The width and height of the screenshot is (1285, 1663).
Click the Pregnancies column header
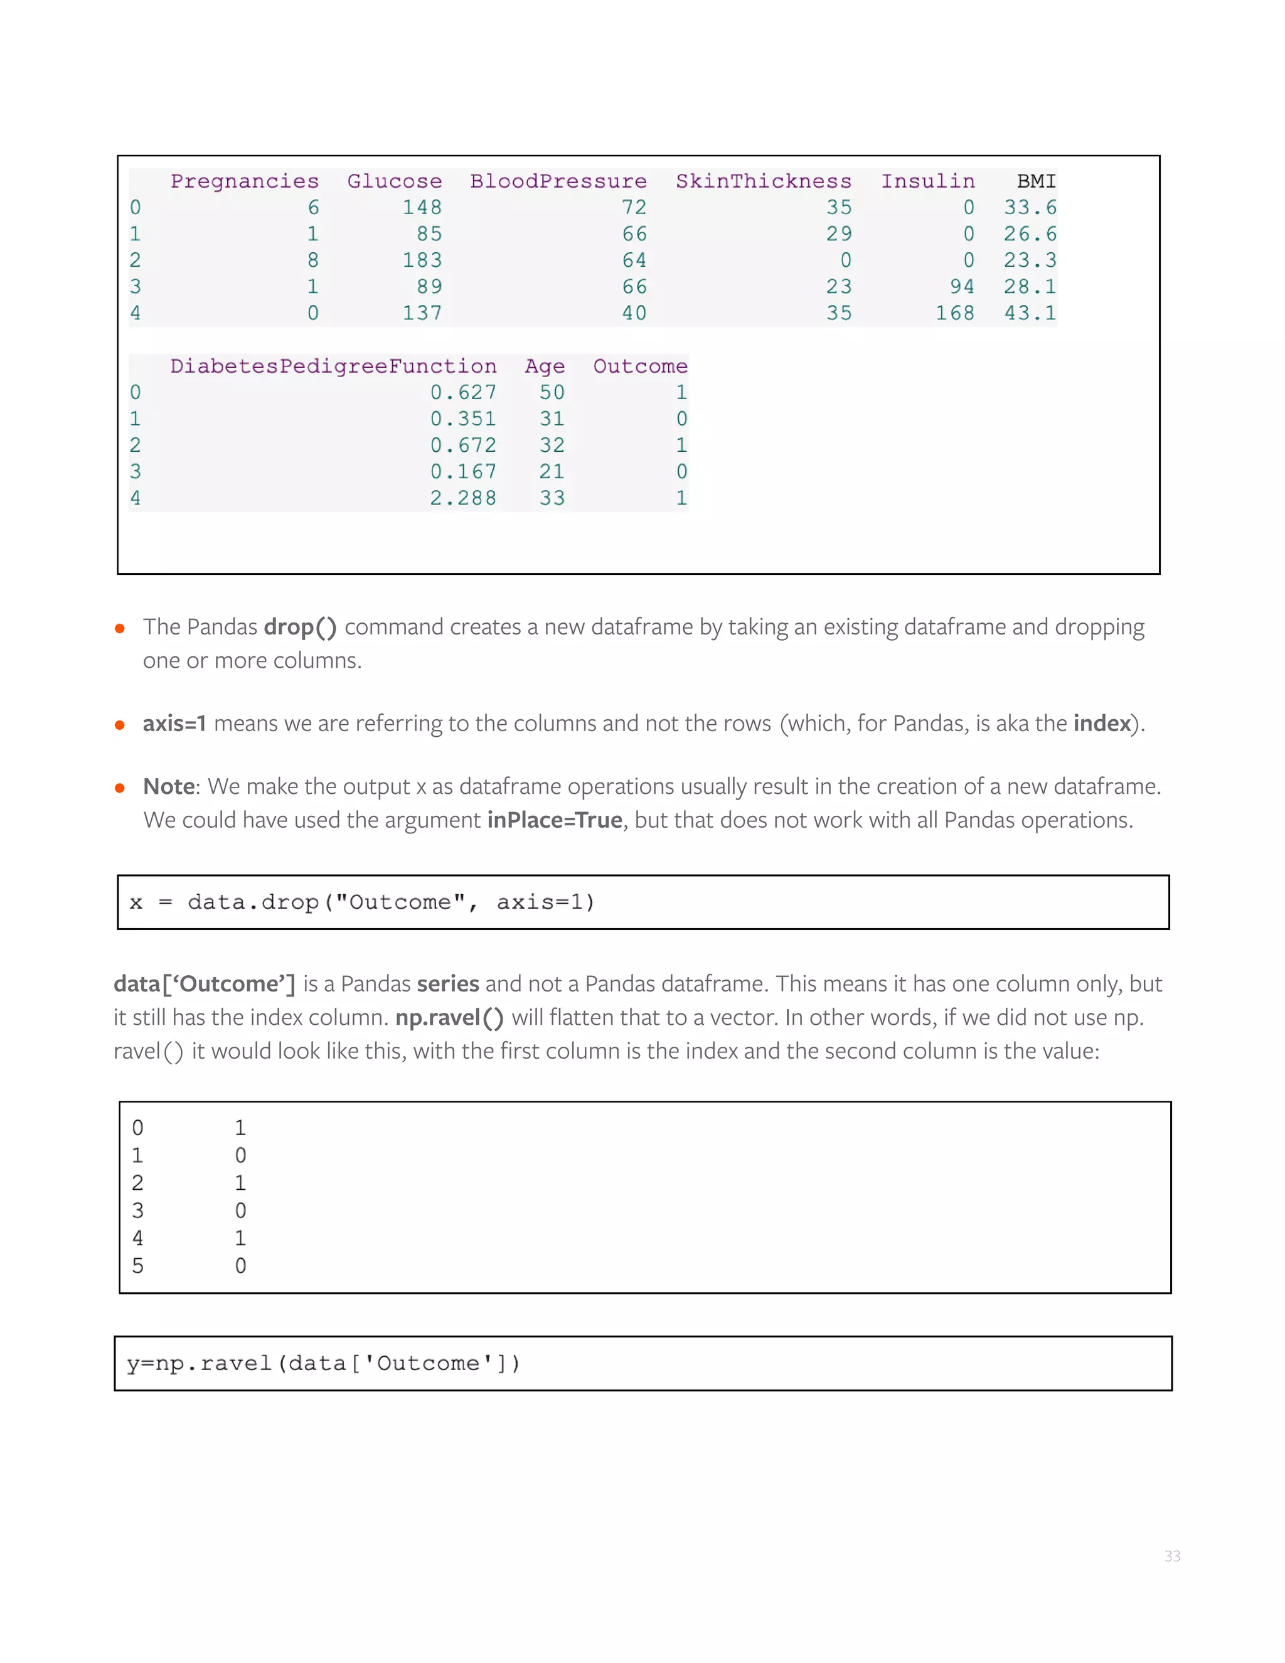tap(244, 181)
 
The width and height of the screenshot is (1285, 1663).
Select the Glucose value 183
tap(422, 260)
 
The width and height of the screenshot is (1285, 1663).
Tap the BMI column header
tap(1036, 181)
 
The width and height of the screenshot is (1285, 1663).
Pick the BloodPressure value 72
tap(634, 207)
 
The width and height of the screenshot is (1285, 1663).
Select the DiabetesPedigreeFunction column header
tap(333, 366)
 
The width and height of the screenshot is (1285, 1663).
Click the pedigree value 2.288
tap(463, 498)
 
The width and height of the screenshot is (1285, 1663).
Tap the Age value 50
tap(552, 392)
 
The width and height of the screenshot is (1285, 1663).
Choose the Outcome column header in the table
tap(640, 366)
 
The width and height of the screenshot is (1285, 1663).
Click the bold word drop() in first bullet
tap(300, 627)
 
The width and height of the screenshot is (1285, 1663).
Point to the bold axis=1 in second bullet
tap(174, 724)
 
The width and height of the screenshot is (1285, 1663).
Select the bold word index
tap(1102, 724)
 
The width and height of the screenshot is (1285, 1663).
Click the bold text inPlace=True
tap(554, 820)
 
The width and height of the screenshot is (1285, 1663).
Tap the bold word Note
tap(169, 786)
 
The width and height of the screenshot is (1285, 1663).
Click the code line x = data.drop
tap(361, 902)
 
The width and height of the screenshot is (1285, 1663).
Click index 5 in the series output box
tap(138, 1266)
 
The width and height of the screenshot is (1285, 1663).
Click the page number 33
tap(1171, 1556)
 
